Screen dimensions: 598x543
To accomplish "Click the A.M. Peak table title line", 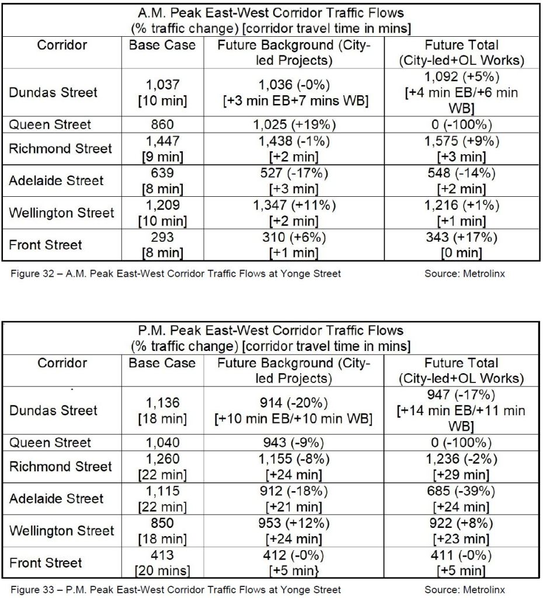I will [270, 12].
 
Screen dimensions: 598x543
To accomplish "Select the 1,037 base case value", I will [163, 85].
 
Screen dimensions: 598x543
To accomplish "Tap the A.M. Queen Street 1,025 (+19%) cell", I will [294, 124].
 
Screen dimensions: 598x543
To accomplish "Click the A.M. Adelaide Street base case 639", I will [163, 173].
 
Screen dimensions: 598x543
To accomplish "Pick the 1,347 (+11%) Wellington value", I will [294, 205].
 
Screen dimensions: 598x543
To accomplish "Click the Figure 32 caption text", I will [175, 273].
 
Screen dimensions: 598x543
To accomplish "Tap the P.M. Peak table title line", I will [270, 331].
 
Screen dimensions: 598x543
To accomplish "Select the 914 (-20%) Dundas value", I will [294, 403].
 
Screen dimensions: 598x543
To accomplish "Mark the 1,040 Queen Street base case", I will [163, 443].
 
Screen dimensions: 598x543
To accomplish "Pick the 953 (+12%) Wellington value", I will [294, 523].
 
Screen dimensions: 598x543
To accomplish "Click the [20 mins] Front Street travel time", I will [163, 571].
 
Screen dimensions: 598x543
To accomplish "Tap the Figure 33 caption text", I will [175, 590].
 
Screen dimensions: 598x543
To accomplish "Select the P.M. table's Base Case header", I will [163, 363].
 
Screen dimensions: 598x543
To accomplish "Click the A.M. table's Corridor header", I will [62, 44].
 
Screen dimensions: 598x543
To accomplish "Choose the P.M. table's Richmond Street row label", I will [60, 467].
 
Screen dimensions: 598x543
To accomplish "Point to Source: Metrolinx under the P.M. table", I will [465, 590].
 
